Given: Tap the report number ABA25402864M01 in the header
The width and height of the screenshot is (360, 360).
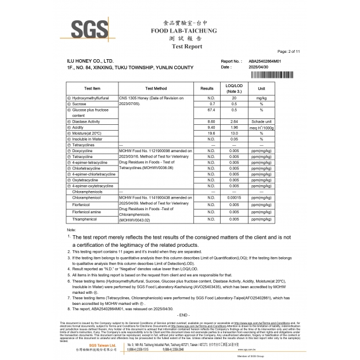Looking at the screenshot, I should [265, 60].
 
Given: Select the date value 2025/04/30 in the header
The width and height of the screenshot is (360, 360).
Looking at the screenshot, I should [260, 67].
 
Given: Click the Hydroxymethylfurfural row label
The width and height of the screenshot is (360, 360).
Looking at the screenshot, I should [93, 99].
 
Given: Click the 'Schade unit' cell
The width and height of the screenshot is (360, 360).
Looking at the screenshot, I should [261, 121].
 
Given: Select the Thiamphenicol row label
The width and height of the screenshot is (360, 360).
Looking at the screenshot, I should [85, 219].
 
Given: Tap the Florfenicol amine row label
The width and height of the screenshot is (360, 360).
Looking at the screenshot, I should [88, 212].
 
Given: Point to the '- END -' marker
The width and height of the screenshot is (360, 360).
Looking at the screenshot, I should [184, 314].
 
